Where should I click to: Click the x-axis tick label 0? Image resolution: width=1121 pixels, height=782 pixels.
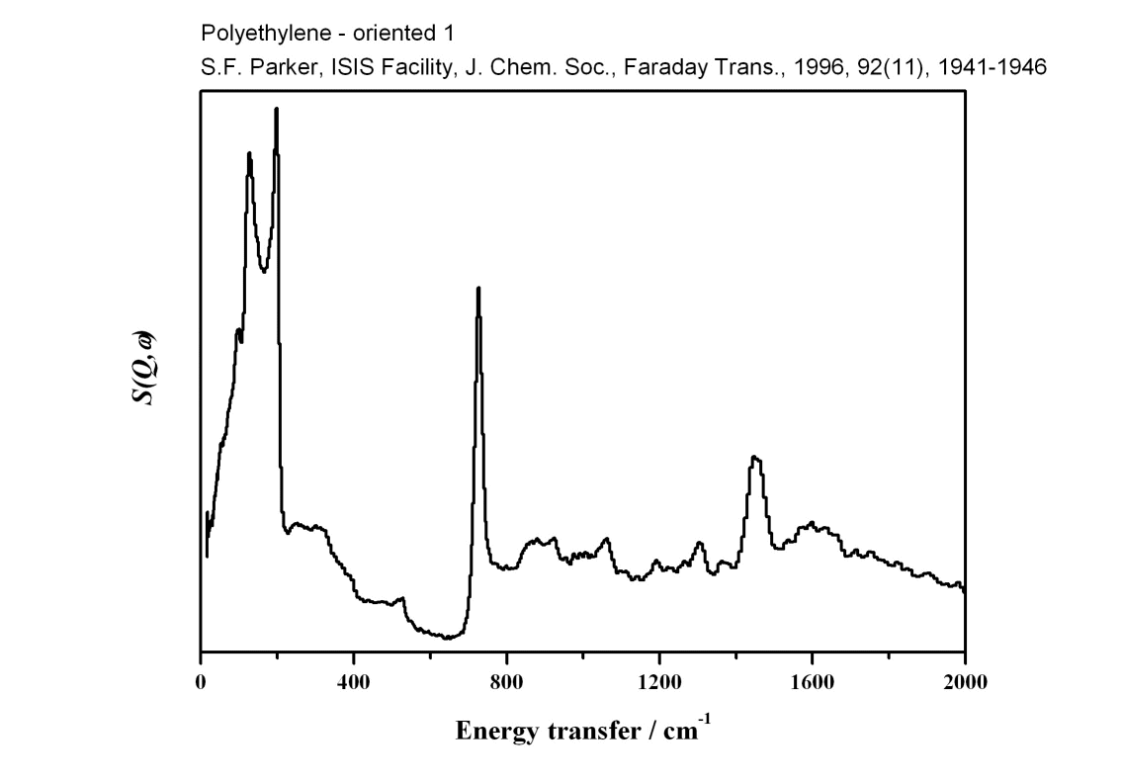coord(201,681)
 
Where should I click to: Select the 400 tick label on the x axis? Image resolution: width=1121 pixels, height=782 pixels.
coord(354,681)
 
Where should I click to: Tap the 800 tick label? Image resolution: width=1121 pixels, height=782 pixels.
coord(506,681)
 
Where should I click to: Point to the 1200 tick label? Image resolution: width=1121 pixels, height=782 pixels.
coord(659,681)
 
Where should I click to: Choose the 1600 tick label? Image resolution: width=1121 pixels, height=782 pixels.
coord(812,681)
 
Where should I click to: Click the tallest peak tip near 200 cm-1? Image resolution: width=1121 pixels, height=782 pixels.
coord(277,110)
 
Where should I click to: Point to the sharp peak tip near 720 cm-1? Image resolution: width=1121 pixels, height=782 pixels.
coord(478,289)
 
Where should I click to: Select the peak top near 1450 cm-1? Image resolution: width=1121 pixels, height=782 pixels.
coord(755,457)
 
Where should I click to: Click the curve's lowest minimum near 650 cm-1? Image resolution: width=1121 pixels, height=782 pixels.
coord(448,638)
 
